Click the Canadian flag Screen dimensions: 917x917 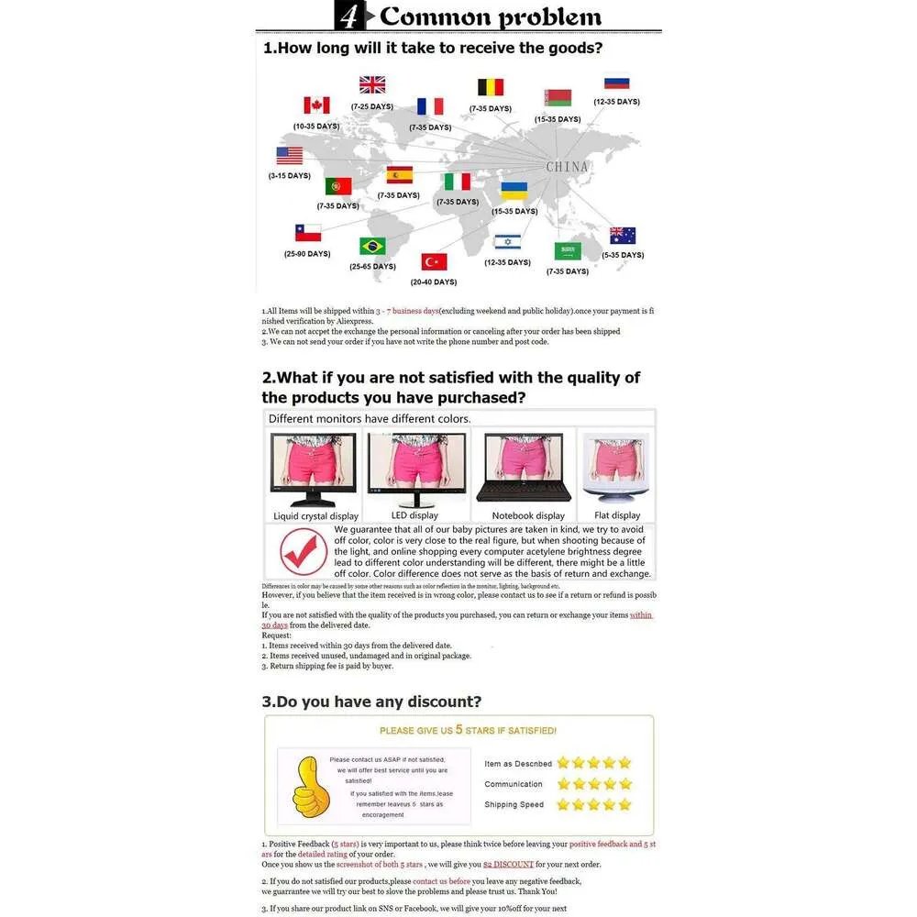(316, 105)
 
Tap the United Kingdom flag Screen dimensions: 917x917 (372, 84)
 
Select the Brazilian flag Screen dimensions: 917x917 (372, 246)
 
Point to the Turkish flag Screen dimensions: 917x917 (434, 261)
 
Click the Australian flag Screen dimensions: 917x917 (623, 236)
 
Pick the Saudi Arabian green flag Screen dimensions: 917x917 (568, 250)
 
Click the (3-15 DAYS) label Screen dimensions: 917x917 (290, 175)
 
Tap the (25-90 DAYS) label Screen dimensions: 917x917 (307, 253)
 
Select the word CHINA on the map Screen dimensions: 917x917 (567, 167)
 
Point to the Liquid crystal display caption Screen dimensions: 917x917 (315, 516)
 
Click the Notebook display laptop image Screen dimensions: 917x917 (525, 467)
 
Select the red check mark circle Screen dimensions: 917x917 (303, 552)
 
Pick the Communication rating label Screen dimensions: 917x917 (514, 784)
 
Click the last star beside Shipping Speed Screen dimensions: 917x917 (624, 804)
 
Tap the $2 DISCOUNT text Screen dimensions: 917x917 (508, 864)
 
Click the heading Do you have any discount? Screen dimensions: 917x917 (371, 702)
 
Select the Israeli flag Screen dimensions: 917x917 (507, 241)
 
